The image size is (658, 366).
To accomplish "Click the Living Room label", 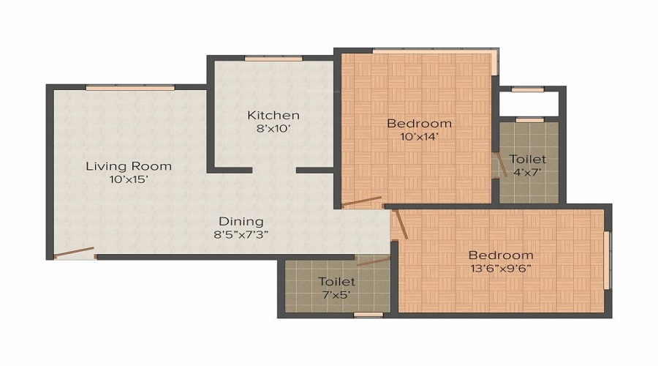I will pos(129,165).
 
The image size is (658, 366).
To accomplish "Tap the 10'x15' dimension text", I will pos(129,179).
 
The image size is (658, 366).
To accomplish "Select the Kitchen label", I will pos(273,115).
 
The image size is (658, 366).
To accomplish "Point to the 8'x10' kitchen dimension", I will pos(273,129).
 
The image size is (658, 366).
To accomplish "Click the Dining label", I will pos(241,221).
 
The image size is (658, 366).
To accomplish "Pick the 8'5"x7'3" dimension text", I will pos(241,235).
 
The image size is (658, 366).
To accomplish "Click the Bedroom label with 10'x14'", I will pos(419,122).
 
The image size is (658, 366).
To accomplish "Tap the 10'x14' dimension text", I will pos(419,136).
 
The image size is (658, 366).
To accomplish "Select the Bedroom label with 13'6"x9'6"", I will pos(501,255).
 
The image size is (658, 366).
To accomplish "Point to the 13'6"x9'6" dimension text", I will pos(501,268).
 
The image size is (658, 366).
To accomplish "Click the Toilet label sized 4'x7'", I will pos(527,159).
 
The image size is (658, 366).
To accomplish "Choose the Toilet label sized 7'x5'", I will pos(336,281).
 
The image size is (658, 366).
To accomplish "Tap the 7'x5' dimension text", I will pos(336,295).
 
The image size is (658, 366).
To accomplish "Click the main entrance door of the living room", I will pos(75,253).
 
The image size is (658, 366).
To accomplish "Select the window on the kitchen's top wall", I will pos(273,59).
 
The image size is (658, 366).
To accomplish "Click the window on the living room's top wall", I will pos(130,88).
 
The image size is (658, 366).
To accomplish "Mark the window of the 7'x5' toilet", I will pos(368,315).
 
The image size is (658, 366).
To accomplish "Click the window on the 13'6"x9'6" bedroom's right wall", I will pos(606,259).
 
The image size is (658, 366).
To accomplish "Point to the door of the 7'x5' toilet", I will pos(374,260).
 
